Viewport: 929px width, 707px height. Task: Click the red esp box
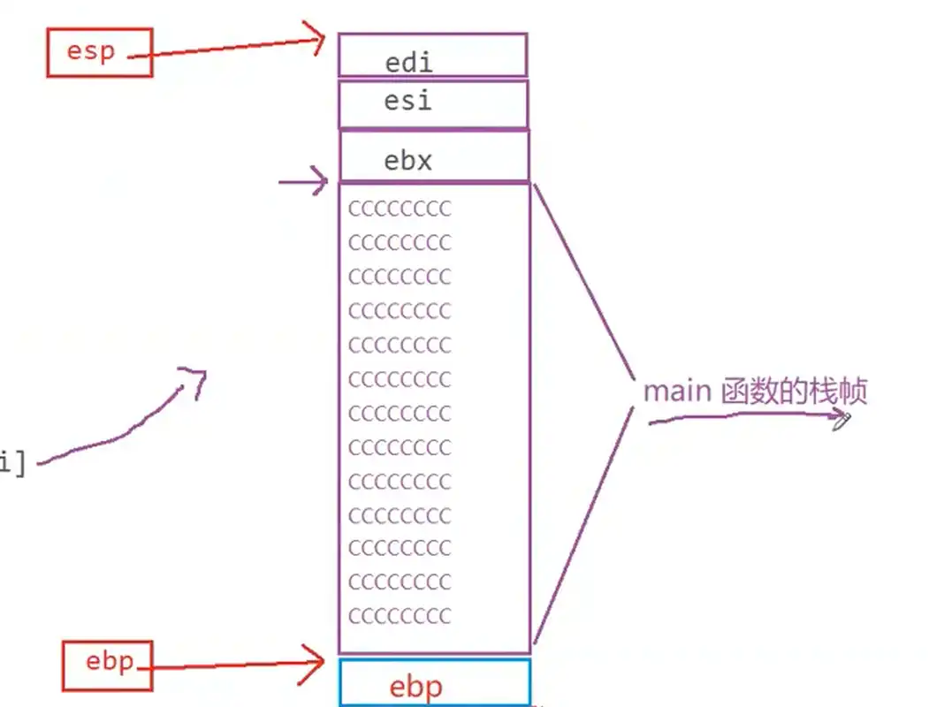tap(99, 51)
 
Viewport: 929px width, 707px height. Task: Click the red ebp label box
tap(107, 665)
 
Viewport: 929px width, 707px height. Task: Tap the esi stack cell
tap(433, 104)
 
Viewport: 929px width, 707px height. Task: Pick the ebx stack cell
tap(433, 156)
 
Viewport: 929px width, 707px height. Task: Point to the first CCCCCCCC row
tap(400, 209)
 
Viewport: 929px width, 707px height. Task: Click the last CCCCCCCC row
tap(400, 615)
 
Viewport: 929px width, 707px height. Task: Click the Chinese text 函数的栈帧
tap(794, 391)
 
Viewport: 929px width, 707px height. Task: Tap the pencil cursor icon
tap(841, 421)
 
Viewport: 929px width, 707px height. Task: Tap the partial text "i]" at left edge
tap(12, 462)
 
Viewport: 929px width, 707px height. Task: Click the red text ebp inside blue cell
tap(415, 687)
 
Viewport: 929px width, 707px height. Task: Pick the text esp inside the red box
tap(91, 51)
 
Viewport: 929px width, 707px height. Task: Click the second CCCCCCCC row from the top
tap(400, 242)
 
